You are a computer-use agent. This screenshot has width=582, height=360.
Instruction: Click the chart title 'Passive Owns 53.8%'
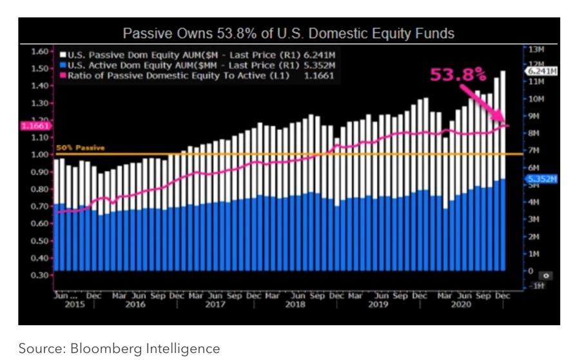[289, 33]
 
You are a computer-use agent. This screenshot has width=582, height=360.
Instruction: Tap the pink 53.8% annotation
[458, 75]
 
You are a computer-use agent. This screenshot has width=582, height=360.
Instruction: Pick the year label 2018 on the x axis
[295, 305]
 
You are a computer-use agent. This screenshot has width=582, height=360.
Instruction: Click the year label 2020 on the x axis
[461, 305]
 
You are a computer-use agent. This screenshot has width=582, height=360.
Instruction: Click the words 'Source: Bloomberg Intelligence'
[119, 348]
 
